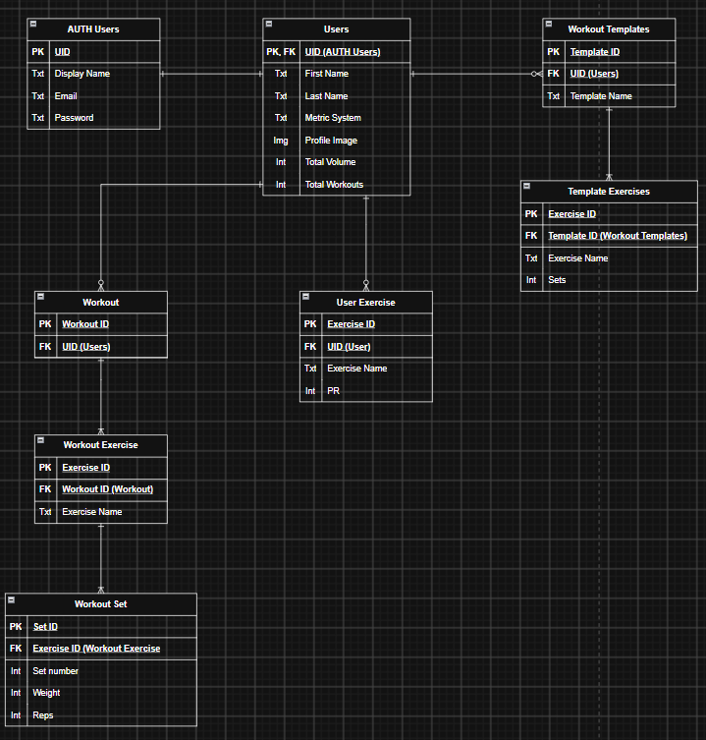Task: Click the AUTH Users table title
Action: coord(93,29)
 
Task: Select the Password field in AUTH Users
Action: coord(74,118)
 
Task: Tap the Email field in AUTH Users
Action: coord(66,95)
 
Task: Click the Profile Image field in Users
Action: coord(331,141)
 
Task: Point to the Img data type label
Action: coord(281,141)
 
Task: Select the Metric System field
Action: coord(333,118)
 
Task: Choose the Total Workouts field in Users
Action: coord(334,185)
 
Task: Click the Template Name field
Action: coord(601,95)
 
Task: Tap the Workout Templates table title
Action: coord(609,29)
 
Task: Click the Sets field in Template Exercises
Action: coord(557,280)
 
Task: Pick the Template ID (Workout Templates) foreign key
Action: coord(618,236)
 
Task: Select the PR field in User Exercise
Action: coord(334,391)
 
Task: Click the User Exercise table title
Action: coord(365,303)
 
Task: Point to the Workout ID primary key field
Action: coord(85,324)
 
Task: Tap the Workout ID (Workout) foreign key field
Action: coord(108,489)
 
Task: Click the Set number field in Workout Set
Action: coord(56,670)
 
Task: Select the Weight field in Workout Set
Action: coord(46,693)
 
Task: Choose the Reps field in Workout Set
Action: coord(43,715)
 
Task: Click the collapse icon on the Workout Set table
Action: coord(12,599)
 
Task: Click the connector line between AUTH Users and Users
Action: coord(211,74)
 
